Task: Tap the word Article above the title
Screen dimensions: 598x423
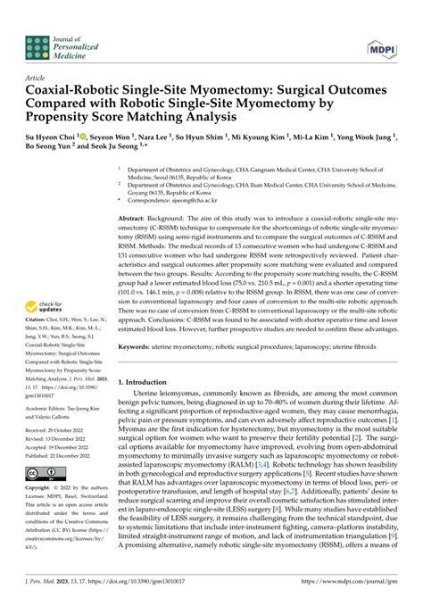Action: click(38, 78)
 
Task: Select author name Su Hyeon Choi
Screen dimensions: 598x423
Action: click(62, 140)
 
